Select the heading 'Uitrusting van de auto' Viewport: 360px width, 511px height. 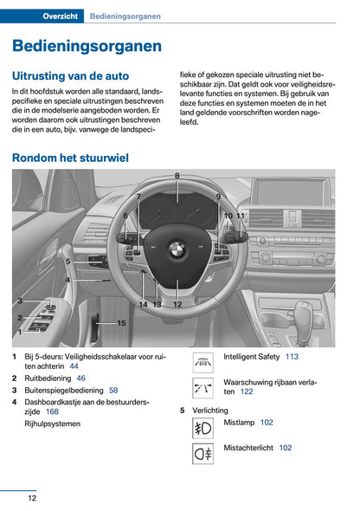[70, 76]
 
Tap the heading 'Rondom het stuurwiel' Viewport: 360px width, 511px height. [70, 158]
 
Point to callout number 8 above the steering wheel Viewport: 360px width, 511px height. [177, 176]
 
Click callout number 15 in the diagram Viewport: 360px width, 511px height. [121, 323]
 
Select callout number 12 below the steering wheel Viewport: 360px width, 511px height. [177, 305]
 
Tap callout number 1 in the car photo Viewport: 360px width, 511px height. [19, 331]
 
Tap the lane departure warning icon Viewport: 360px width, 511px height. [203, 387]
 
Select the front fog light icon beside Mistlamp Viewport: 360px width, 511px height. [203, 427]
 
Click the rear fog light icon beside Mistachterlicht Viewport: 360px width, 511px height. [203, 452]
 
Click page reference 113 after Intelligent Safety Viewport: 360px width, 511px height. [292, 357]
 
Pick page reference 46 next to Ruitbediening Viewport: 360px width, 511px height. [80, 378]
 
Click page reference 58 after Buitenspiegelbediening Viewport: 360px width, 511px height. [113, 391]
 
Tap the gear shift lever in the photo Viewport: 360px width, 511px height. [302, 314]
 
